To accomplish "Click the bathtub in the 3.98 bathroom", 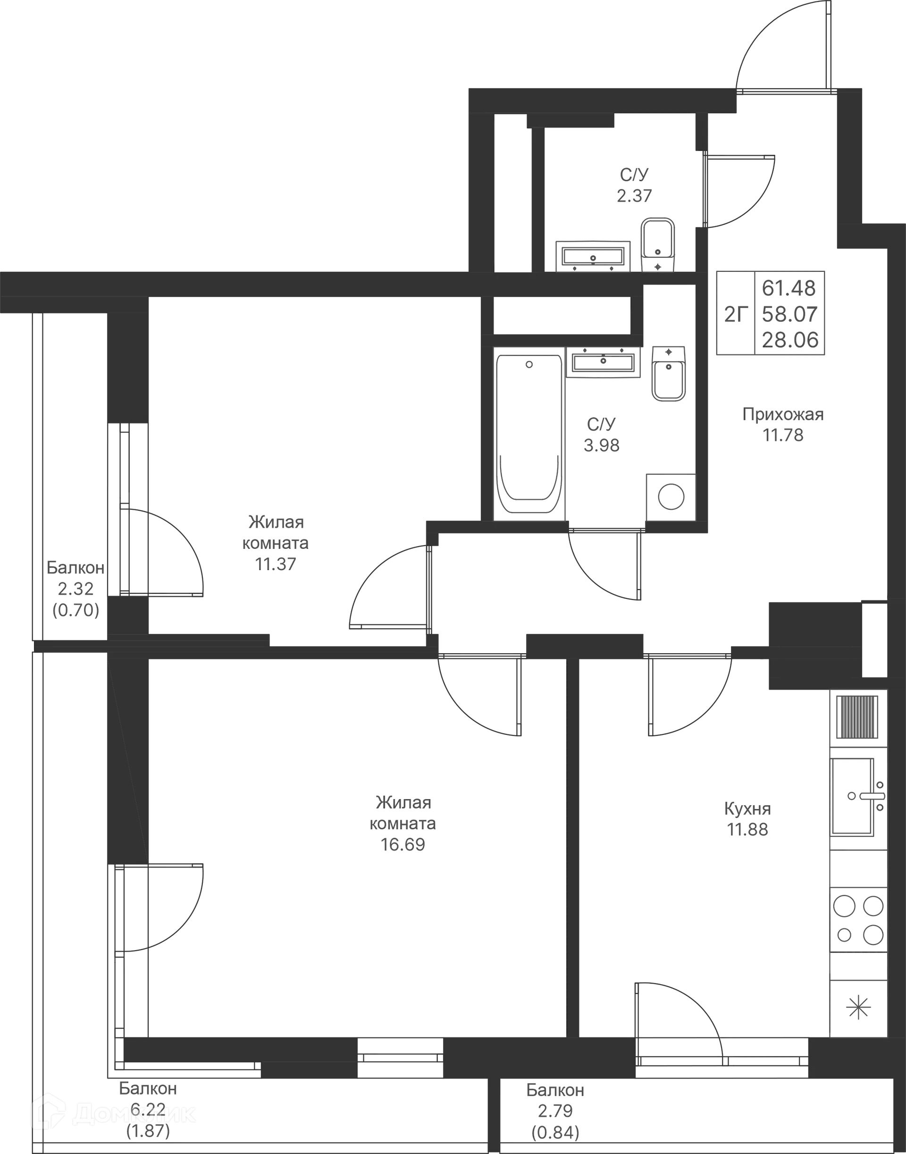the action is pos(529,434).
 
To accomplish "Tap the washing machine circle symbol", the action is pos(671,497).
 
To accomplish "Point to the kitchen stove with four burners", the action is pos(858,920).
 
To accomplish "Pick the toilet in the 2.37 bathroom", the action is pos(658,244).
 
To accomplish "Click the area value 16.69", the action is pos(403,844).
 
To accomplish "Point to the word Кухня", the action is pos(747,809).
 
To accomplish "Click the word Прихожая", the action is pos(783,414).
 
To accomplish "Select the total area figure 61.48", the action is pos(789,288).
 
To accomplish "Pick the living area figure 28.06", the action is pos(790,339).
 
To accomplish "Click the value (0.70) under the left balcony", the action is pos(76,611).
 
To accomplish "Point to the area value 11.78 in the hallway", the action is pos(783,435).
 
